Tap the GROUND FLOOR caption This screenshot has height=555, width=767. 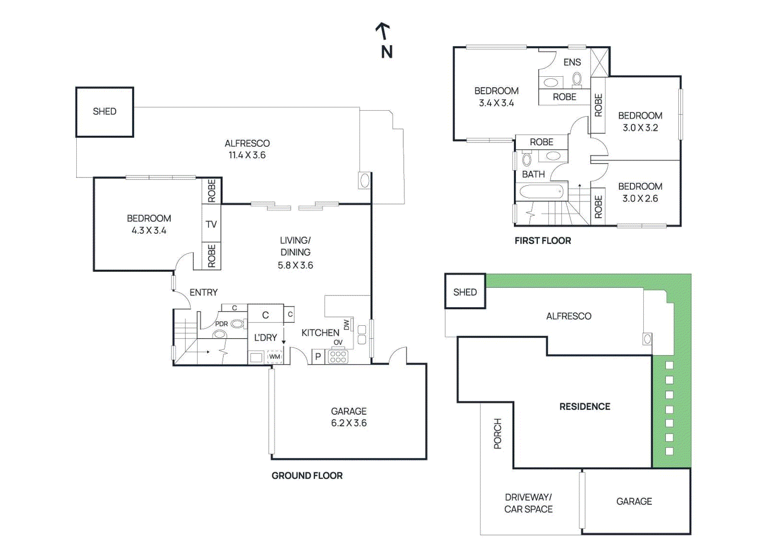[x=307, y=475]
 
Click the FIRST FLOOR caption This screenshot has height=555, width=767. [x=543, y=241]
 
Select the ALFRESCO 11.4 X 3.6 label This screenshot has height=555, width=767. [x=247, y=149]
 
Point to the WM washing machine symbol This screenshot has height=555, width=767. [x=274, y=357]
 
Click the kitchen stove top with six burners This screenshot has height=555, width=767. [x=338, y=357]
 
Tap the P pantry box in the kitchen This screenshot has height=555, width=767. [x=318, y=357]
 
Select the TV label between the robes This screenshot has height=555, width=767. [x=211, y=224]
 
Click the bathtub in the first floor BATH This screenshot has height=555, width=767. [x=541, y=192]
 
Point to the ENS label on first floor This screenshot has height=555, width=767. [x=572, y=62]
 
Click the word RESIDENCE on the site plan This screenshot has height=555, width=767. [x=584, y=406]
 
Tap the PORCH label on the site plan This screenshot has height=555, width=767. [x=498, y=434]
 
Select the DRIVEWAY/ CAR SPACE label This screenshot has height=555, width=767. [x=528, y=503]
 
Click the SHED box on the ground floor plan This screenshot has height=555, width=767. [x=105, y=112]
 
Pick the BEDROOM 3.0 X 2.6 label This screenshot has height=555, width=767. [x=640, y=192]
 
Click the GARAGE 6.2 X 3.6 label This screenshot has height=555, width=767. [x=349, y=417]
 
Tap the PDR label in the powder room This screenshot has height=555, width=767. [x=221, y=324]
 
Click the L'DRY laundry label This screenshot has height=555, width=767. [x=265, y=338]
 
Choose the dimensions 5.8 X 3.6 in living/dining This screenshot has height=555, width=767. [x=295, y=265]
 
